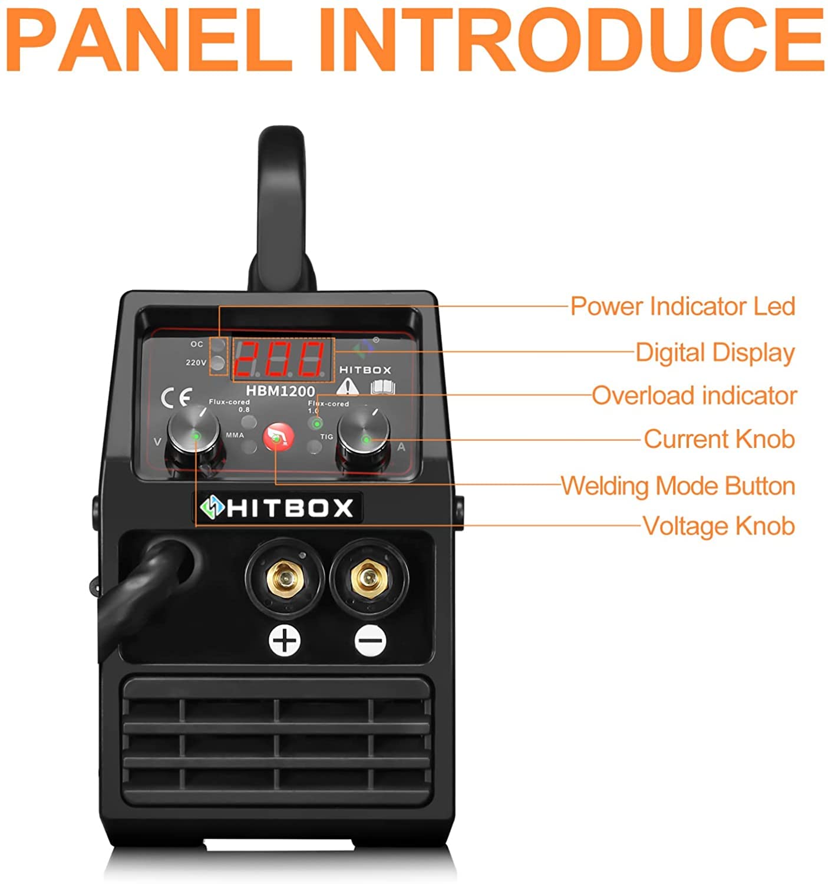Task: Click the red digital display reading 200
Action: tap(282, 359)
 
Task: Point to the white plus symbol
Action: tap(285, 640)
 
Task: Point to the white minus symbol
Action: tap(370, 641)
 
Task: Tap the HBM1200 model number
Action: tap(281, 391)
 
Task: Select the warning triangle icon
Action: tap(348, 387)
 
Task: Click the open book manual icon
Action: tap(382, 387)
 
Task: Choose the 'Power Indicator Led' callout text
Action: tap(682, 306)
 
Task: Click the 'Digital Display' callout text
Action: tap(715, 352)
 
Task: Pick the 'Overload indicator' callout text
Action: tap(694, 395)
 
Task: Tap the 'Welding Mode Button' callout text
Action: tap(678, 486)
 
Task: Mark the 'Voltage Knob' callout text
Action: tap(718, 526)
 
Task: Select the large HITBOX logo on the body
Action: tap(278, 507)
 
